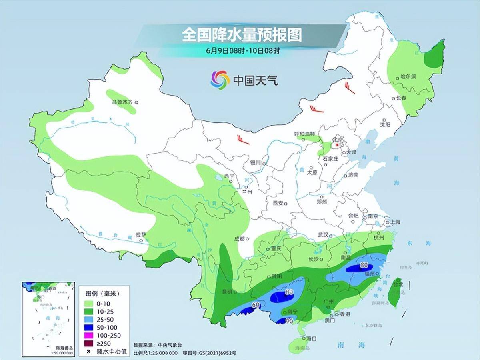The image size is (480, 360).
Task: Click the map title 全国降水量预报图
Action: click(x=242, y=35)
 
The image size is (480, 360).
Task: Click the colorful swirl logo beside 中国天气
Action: click(x=220, y=80)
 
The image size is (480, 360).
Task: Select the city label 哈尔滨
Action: click(x=408, y=77)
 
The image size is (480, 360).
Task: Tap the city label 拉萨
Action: click(x=141, y=235)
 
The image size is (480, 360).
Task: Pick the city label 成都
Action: click(x=239, y=239)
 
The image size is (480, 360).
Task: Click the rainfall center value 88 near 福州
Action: click(x=364, y=265)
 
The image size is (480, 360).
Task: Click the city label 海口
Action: click(x=310, y=338)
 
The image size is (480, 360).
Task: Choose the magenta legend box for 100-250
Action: click(x=88, y=335)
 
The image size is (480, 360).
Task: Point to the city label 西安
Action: click(x=278, y=203)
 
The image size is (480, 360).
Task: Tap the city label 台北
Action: click(x=398, y=284)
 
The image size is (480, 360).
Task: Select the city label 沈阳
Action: click(x=385, y=124)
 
